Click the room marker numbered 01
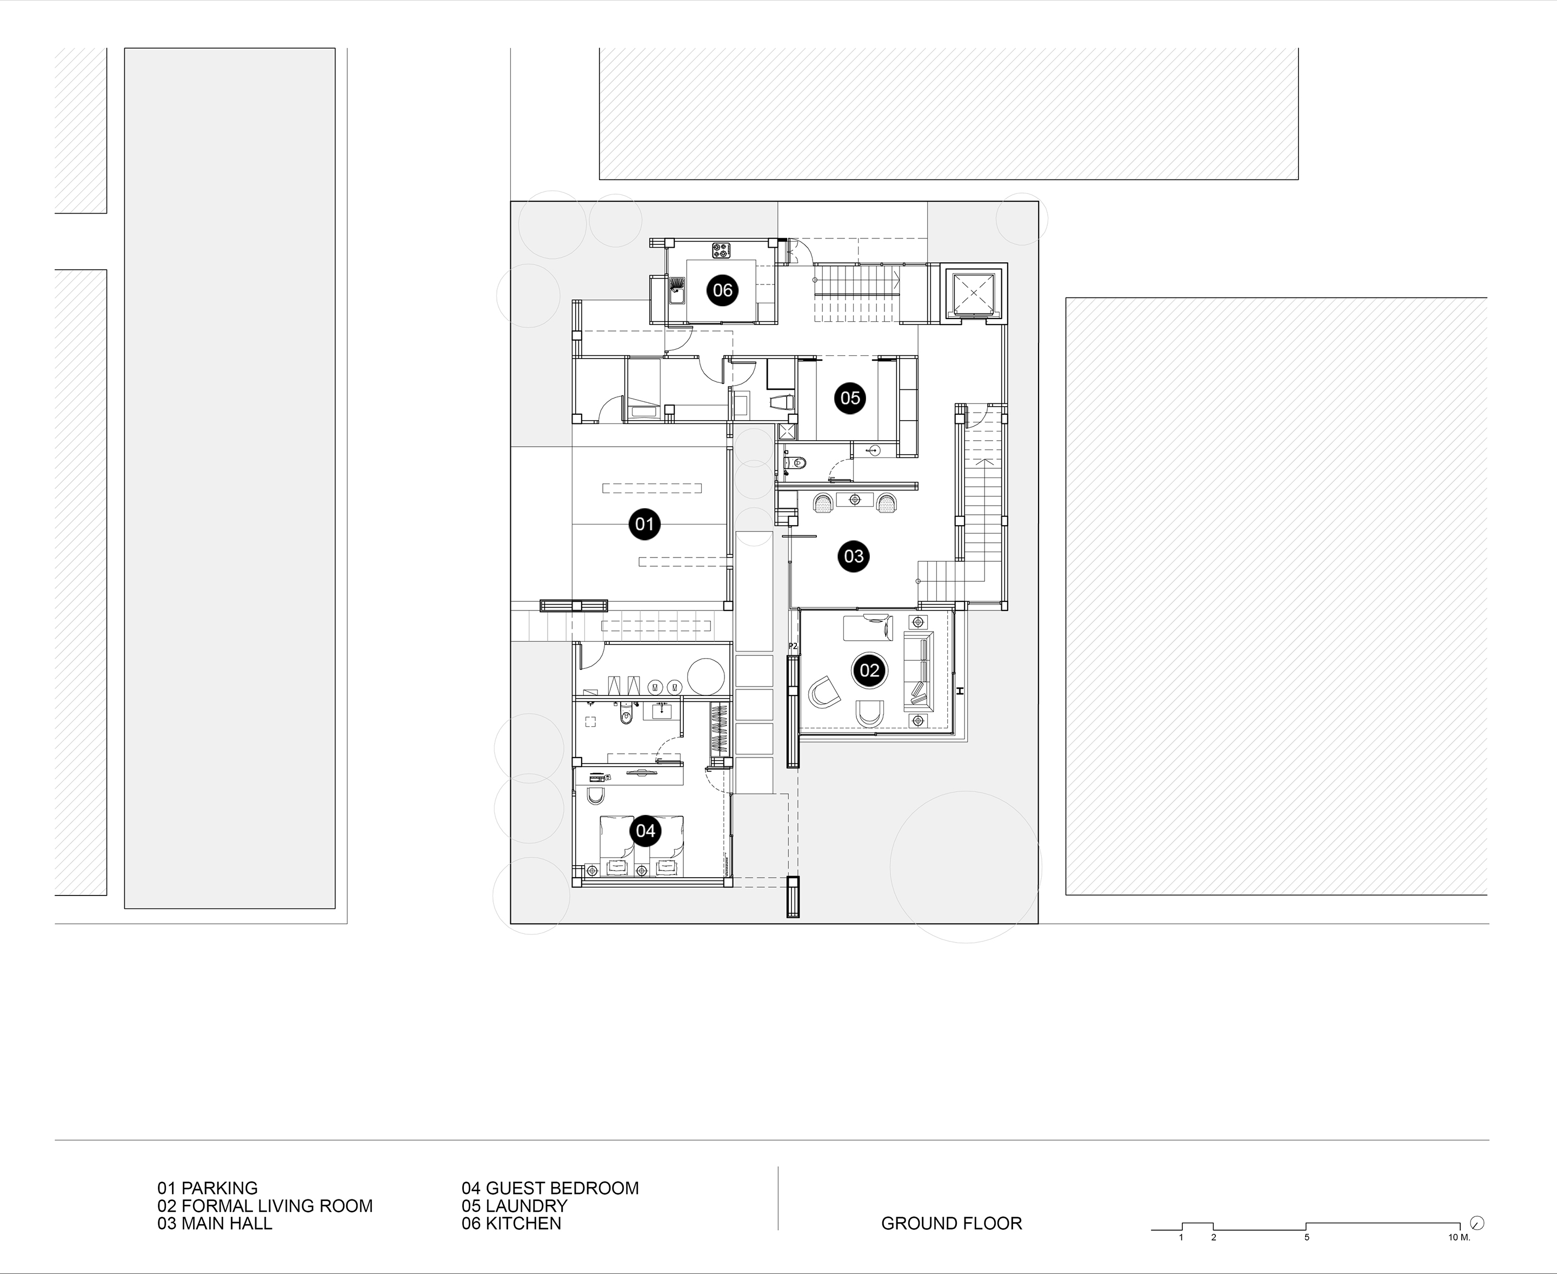pyautogui.click(x=644, y=524)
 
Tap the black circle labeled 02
pyautogui.click(x=869, y=670)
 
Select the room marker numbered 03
pyautogui.click(x=853, y=556)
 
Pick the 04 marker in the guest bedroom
pyautogui.click(x=645, y=830)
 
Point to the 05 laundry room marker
pyautogui.click(x=850, y=398)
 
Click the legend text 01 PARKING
pyautogui.click(x=208, y=1187)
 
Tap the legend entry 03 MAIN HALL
pyautogui.click(x=214, y=1223)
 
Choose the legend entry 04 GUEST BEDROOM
pyautogui.click(x=550, y=1187)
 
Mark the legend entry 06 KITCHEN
pyautogui.click(x=511, y=1223)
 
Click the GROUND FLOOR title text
pyautogui.click(x=951, y=1223)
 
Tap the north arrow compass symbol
pyautogui.click(x=1478, y=1223)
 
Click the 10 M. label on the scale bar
pyautogui.click(x=1459, y=1237)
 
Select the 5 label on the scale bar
pyautogui.click(x=1306, y=1237)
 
